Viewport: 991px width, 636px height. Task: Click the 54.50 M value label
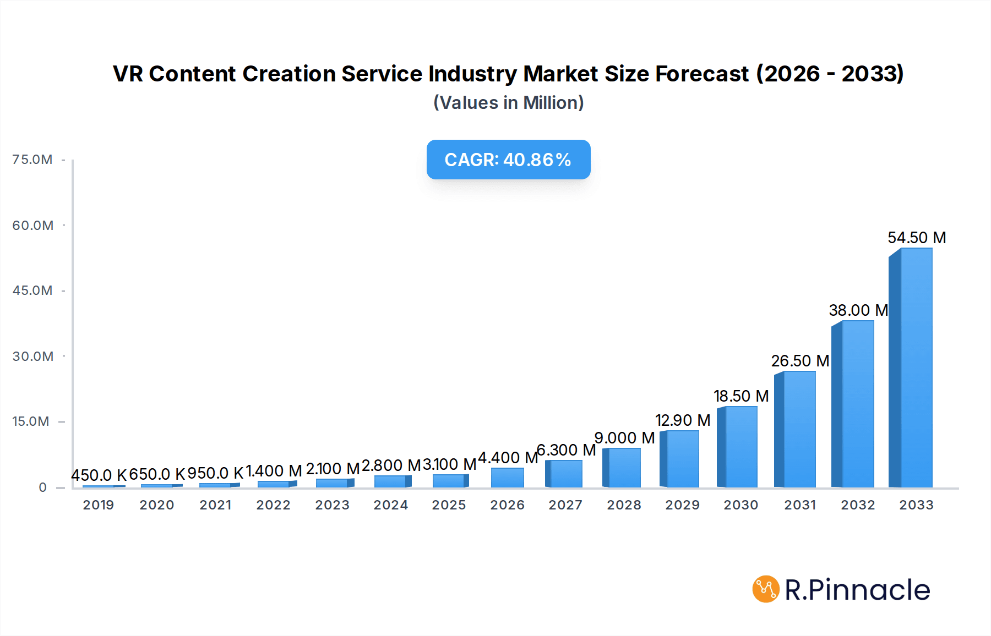pos(916,238)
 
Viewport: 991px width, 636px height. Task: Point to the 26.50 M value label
pos(799,361)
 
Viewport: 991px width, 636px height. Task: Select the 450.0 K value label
pos(99,475)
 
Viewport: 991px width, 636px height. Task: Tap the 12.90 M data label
pos(682,420)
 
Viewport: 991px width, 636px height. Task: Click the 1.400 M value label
pos(273,471)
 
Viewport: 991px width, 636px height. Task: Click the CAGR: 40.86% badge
pos(508,160)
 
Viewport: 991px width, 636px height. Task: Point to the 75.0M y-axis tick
pos(32,160)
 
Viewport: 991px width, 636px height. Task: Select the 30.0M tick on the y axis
pos(32,356)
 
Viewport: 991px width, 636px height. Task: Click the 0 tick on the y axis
pos(42,487)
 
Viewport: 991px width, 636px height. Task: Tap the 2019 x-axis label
pos(99,505)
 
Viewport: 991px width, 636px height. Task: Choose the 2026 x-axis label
pos(507,505)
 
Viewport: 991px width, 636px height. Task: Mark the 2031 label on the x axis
pos(799,505)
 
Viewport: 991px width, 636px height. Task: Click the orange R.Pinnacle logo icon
pos(765,589)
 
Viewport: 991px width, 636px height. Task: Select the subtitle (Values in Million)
pos(508,103)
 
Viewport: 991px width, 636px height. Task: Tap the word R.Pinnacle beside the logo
pos(857,590)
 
